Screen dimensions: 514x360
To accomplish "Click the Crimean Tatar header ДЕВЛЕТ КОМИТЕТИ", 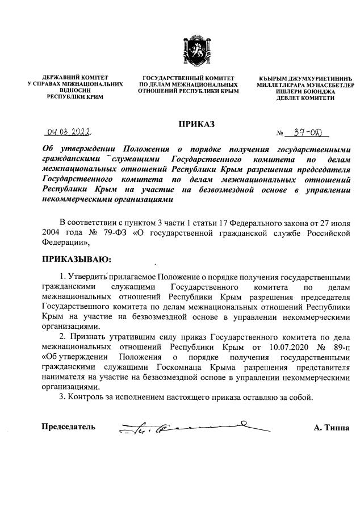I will coord(306,98).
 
